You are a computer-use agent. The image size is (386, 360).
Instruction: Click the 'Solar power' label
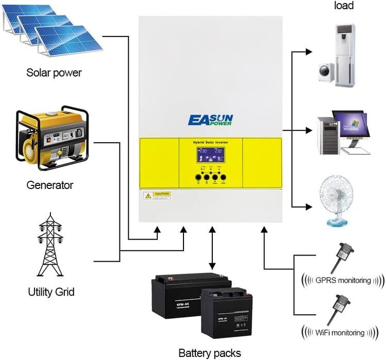(54, 73)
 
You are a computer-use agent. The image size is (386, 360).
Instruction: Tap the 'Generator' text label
(50, 185)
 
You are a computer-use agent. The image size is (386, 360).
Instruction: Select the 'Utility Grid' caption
(51, 292)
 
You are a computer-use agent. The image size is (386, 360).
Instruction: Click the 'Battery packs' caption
(209, 353)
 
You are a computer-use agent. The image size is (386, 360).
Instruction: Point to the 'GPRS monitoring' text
(344, 281)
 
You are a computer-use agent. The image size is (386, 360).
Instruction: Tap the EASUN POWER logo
(210, 120)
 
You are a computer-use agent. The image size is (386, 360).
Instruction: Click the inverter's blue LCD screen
(210, 155)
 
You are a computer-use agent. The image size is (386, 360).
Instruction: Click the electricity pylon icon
(50, 247)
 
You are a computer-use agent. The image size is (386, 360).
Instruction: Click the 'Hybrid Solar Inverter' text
(210, 142)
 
